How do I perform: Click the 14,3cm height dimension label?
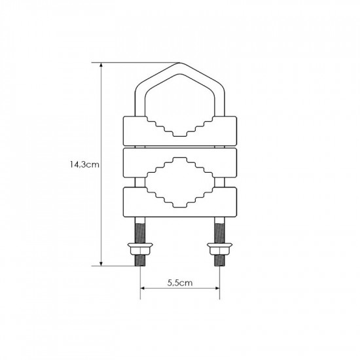pos(84,164)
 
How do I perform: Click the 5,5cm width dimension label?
pos(180,283)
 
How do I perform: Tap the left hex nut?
pos(140,249)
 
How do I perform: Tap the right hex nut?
pos(220,249)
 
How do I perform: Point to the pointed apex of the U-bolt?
pos(180,63)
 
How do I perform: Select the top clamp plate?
pos(180,131)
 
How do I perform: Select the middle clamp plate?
pos(180,163)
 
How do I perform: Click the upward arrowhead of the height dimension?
pos(101,65)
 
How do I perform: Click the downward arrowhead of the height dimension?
pos(101,263)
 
